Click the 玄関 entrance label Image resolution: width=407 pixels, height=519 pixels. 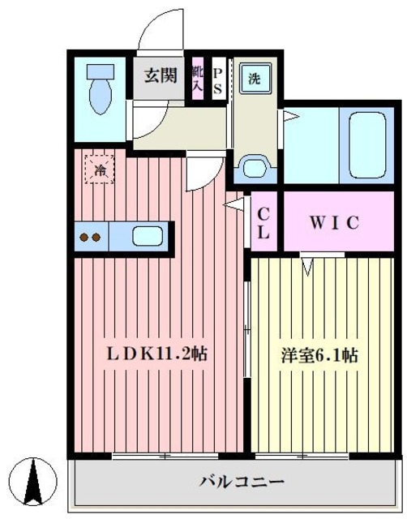click(161, 77)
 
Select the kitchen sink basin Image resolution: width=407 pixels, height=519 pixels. click(147, 237)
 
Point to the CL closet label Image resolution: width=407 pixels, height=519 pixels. click(264, 221)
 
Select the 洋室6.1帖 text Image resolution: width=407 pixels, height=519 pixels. click(319, 354)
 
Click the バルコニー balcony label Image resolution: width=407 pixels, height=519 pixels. click(239, 483)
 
